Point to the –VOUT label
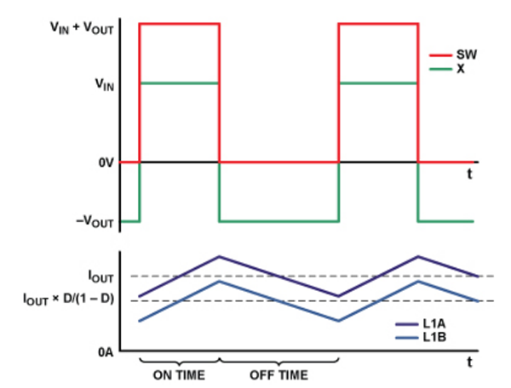[96, 223]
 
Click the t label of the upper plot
[469, 174]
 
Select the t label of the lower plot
[469, 362]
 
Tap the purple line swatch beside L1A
[409, 324]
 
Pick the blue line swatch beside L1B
[409, 338]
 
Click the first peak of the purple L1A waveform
[220, 255]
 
